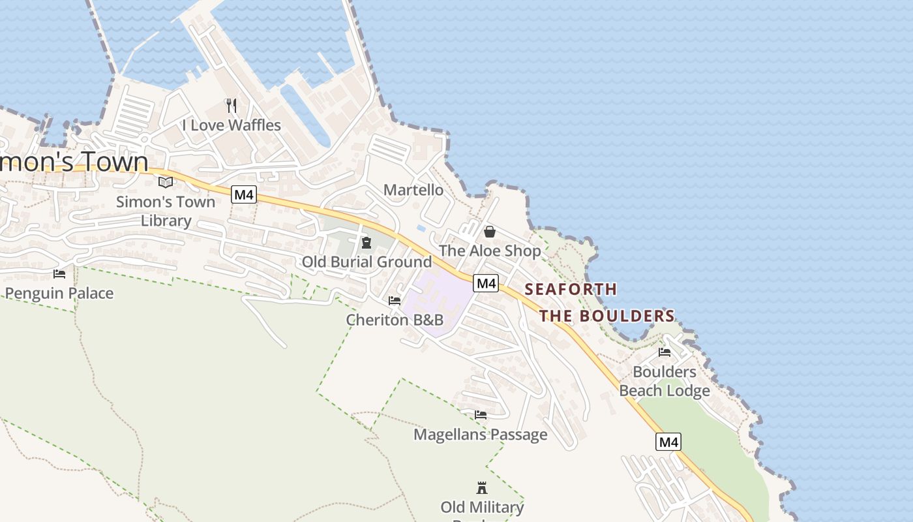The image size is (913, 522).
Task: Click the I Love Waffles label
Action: (x=232, y=125)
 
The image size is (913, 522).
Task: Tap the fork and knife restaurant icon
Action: (x=231, y=105)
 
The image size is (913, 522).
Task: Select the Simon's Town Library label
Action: (x=166, y=211)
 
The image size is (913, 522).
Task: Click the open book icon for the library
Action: (x=166, y=182)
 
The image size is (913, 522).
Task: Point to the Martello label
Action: (x=413, y=190)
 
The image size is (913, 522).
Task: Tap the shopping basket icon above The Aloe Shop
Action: (x=489, y=232)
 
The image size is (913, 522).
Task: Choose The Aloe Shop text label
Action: (x=490, y=251)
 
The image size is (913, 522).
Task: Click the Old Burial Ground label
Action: (x=367, y=262)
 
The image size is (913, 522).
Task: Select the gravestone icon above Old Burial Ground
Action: (x=367, y=243)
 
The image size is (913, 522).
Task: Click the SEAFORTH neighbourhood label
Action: (x=571, y=289)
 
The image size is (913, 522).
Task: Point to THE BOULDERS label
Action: (x=606, y=316)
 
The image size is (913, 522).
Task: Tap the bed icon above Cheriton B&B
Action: (x=395, y=301)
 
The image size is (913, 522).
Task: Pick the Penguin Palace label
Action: (x=59, y=293)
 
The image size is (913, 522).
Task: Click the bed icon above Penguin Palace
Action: (x=59, y=274)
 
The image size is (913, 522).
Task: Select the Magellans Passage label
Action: (x=481, y=435)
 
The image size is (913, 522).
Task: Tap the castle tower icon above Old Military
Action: (x=482, y=488)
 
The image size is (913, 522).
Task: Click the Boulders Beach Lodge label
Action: (x=665, y=381)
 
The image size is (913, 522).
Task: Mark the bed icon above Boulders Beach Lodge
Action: (x=665, y=352)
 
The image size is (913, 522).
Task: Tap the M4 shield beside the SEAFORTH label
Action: (x=486, y=283)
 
